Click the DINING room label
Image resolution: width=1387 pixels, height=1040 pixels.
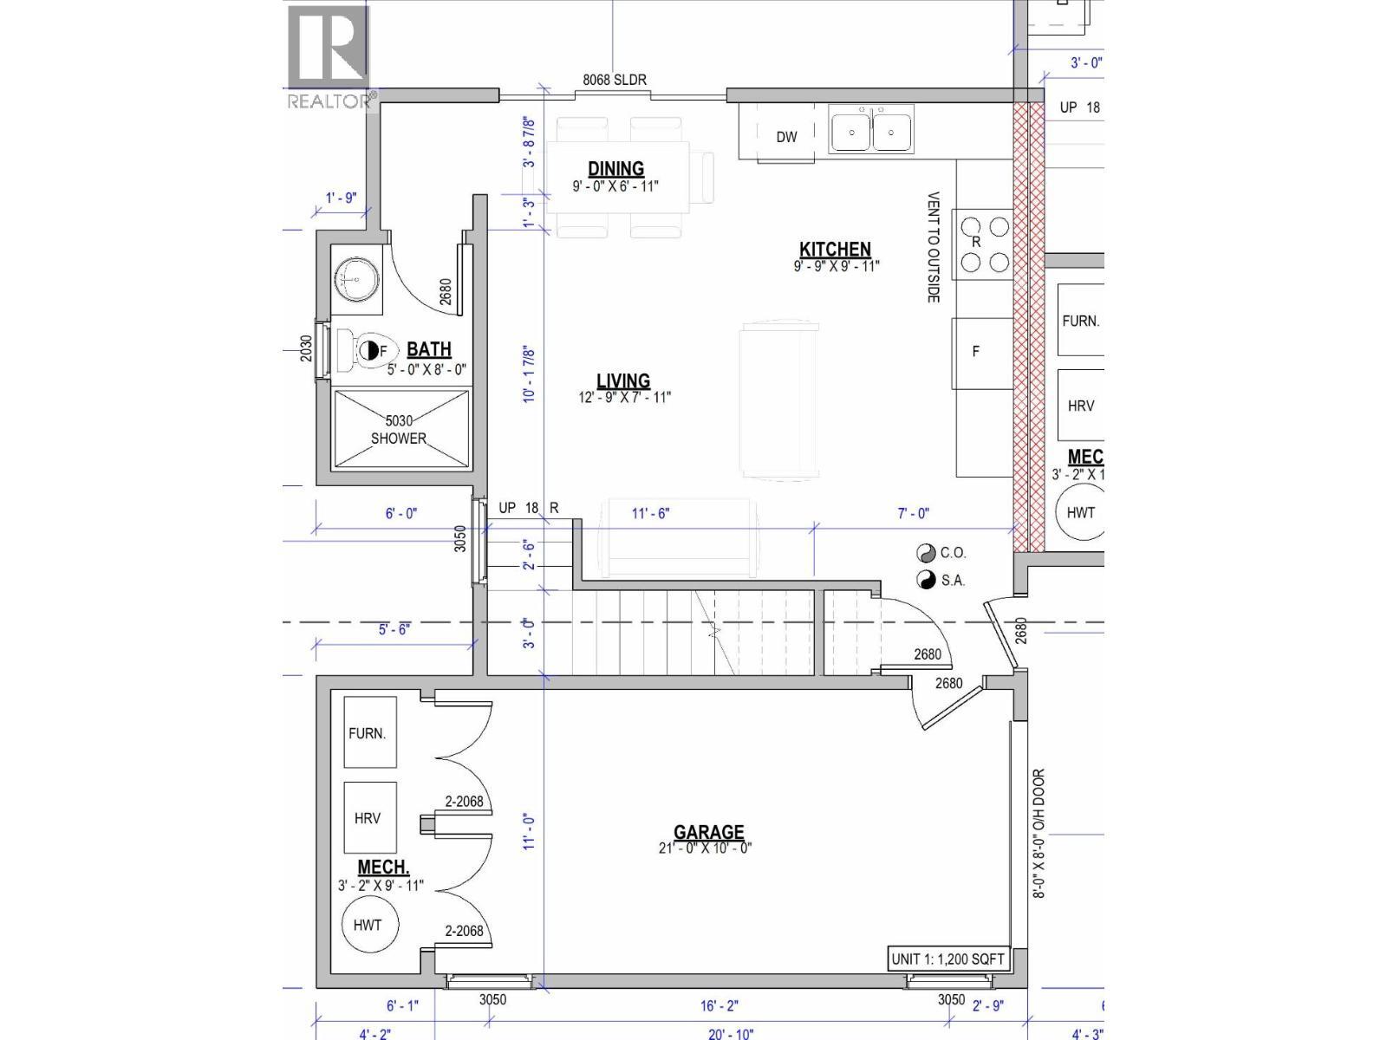click(x=615, y=169)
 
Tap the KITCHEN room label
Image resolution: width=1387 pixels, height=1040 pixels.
click(x=835, y=250)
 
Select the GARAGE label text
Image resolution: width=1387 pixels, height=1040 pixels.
click(x=709, y=832)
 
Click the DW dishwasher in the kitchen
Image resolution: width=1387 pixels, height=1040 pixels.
click(x=785, y=137)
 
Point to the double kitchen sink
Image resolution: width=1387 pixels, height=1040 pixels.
click(x=871, y=132)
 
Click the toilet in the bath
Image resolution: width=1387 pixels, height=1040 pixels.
click(x=365, y=350)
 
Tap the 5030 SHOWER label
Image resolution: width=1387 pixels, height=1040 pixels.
click(x=398, y=430)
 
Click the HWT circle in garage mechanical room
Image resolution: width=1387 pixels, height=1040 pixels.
click(x=367, y=925)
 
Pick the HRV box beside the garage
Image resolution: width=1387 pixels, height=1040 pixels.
click(x=368, y=817)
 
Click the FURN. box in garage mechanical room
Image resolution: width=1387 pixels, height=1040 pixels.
click(x=368, y=732)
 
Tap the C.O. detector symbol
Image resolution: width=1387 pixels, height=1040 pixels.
click(x=926, y=553)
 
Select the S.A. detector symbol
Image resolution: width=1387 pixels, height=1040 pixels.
click(x=926, y=580)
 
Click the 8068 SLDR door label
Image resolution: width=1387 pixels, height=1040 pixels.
click(x=614, y=80)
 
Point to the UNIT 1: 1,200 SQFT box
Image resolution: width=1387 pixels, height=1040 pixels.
click(x=947, y=959)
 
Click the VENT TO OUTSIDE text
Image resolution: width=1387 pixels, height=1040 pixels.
click(x=934, y=247)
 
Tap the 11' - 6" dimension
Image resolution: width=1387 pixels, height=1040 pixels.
click(x=650, y=513)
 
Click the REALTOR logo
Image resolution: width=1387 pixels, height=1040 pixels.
click(x=330, y=57)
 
